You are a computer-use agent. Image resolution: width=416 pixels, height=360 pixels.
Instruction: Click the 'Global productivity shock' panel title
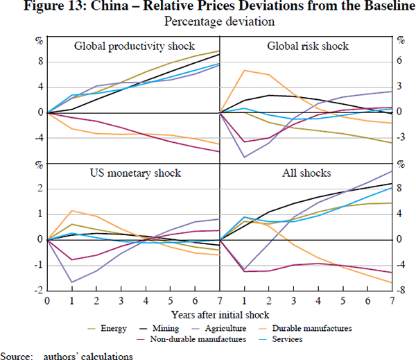pos(132,47)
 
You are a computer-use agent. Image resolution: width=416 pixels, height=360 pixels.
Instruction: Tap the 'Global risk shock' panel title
pos(307,47)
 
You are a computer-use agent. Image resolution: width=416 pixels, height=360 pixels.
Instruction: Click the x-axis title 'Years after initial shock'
pos(219,314)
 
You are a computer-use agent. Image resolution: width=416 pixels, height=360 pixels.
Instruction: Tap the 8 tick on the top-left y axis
pos(39,61)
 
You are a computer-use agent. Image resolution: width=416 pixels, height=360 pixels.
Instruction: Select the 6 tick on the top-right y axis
pos(401,61)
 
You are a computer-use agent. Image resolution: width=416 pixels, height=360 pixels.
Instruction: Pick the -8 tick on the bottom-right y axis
pos(402,290)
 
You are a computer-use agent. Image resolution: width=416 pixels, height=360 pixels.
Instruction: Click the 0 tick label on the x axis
pos(47,300)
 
